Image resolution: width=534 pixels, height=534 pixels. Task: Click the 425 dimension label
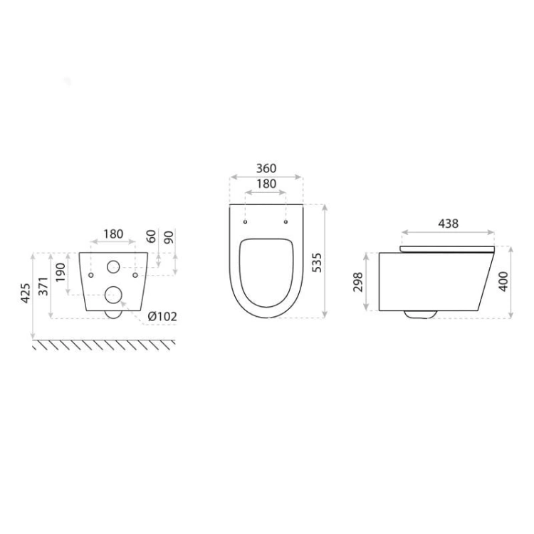tap(26, 293)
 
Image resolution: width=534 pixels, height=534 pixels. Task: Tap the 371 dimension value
tap(43, 286)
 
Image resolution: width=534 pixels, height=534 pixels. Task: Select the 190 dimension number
tap(61, 272)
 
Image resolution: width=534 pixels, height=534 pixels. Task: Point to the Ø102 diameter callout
tap(162, 317)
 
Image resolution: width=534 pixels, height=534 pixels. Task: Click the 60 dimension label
tap(151, 236)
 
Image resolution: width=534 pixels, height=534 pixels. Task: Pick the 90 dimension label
tap(169, 237)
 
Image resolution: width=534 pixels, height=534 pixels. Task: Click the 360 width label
tap(266, 168)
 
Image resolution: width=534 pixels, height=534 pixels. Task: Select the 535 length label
tap(317, 262)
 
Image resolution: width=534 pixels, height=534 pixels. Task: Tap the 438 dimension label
tap(448, 224)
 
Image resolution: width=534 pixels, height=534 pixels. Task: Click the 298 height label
tap(358, 282)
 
